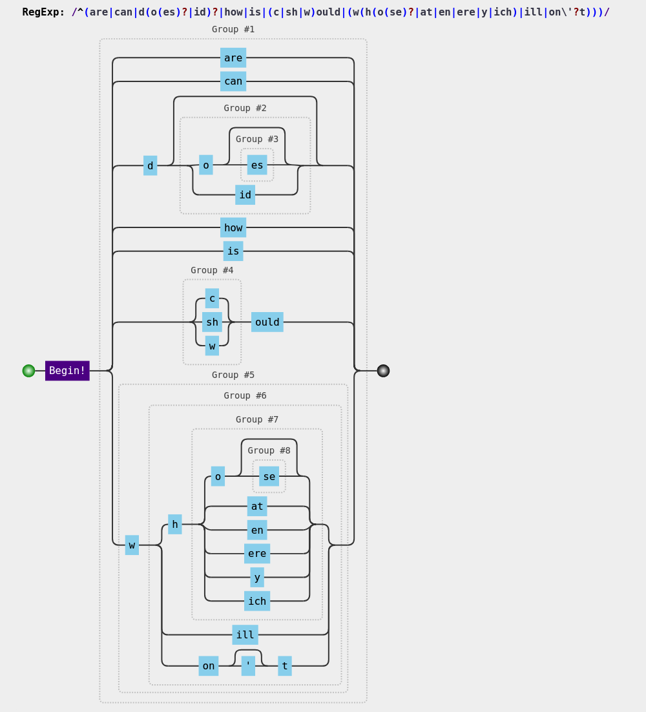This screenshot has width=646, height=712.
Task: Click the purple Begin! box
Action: pos(67,371)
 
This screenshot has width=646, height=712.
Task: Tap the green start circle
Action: pos(28,371)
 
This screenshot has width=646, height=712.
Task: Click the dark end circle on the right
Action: pos(383,371)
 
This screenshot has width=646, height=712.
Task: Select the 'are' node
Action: pos(233,58)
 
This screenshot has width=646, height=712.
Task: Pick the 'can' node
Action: pos(233,81)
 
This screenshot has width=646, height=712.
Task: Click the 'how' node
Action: pos(233,227)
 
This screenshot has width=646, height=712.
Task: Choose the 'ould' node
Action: pos(267,322)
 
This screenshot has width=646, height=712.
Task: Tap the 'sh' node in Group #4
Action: pos(212,322)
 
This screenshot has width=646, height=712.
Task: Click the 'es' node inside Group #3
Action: pos(257,165)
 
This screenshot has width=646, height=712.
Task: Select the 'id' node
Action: pos(245,195)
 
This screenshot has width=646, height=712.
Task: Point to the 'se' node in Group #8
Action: pos(269,476)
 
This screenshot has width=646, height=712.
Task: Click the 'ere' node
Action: pos(257,554)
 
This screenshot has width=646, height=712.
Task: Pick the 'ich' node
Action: pos(257,601)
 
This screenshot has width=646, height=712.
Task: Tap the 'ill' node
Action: pos(245,635)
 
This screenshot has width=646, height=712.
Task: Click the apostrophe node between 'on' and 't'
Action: pos(248,666)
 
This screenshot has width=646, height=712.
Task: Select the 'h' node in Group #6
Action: pos(175,524)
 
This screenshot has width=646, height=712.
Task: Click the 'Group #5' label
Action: pos(233,375)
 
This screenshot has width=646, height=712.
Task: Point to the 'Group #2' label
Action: pos(245,108)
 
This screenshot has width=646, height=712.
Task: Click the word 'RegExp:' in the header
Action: pos(43,12)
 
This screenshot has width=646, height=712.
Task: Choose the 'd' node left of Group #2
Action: pos(150,165)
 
